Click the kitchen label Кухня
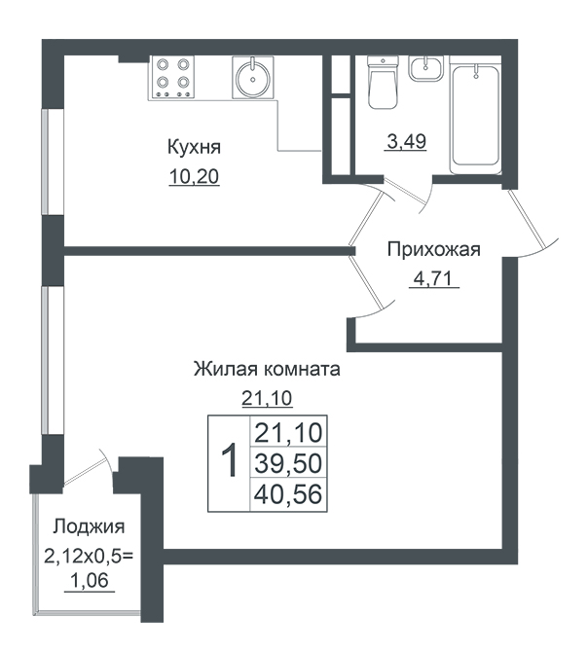(194, 147)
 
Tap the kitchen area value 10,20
(194, 177)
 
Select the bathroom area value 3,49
(406, 141)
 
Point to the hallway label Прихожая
(434, 249)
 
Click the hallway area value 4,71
(432, 278)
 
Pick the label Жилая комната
(267, 369)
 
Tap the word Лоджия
(89, 526)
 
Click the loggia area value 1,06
(90, 580)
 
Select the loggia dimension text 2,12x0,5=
(89, 556)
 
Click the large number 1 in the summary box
(229, 460)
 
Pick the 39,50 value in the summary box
(288, 463)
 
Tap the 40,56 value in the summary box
(288, 494)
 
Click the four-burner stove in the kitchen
(171, 78)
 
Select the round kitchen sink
(252, 77)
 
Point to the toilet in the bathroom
(383, 83)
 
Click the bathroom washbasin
(425, 69)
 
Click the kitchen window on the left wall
(45, 162)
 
